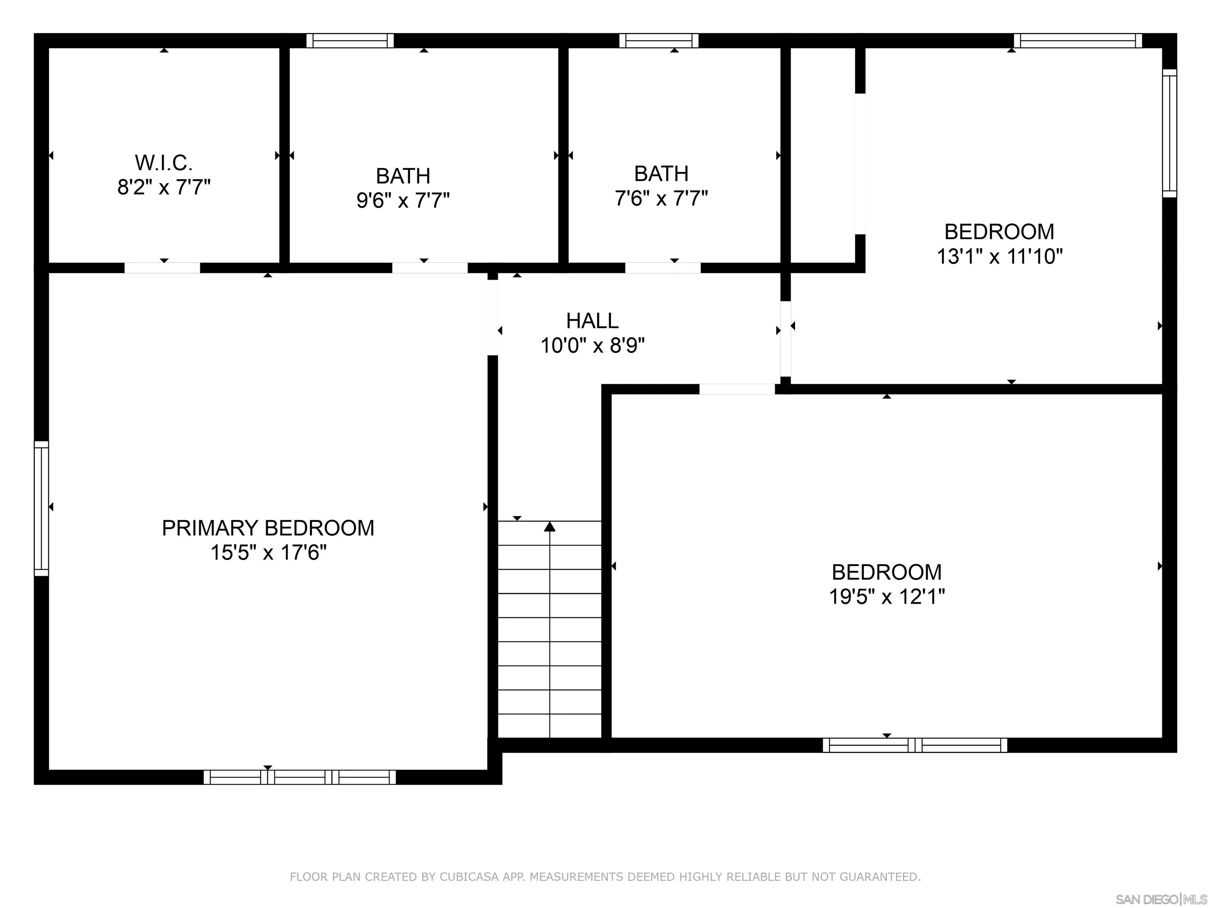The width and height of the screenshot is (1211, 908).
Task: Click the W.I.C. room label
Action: (164, 162)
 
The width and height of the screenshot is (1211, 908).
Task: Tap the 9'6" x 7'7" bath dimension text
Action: (403, 200)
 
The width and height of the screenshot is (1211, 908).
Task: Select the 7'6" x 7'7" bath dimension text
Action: (661, 198)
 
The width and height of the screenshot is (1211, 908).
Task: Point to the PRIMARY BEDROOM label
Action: (268, 528)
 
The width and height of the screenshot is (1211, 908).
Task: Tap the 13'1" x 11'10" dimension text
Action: (1000, 256)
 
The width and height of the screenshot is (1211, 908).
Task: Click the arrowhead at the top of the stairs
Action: (550, 527)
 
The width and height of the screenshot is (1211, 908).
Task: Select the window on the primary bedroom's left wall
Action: (42, 508)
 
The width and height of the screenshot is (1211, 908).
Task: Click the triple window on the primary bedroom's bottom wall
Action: (300, 777)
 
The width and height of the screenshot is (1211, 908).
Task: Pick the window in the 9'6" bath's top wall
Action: (350, 41)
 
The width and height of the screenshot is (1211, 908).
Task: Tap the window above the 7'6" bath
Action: (659, 41)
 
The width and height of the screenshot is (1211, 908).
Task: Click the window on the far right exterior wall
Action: (1169, 133)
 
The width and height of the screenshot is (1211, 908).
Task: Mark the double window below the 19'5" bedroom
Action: (915, 745)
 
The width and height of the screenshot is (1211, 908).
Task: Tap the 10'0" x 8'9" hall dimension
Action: (592, 345)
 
